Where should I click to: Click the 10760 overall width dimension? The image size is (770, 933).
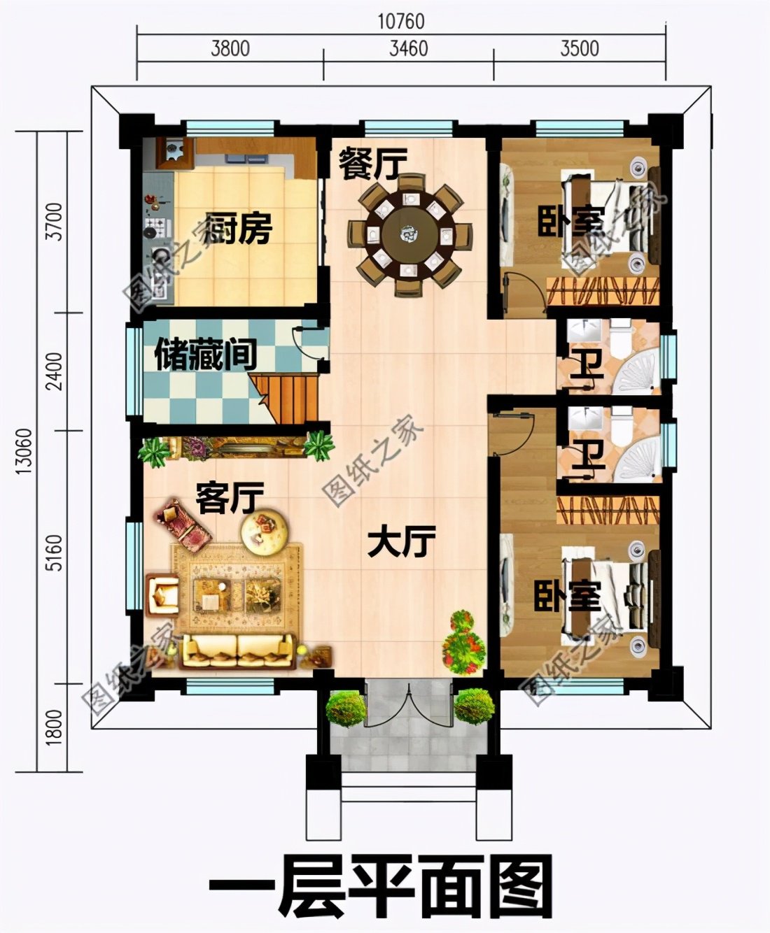pos(400,21)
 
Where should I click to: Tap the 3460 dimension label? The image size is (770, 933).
pos(408,48)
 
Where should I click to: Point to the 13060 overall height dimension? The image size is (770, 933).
pos(22,451)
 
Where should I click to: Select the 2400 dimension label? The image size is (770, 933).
pos(54,371)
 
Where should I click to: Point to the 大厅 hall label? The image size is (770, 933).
pos(401,542)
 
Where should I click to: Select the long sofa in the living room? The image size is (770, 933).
pos(238,650)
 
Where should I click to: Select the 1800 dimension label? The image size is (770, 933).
pos(54,727)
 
